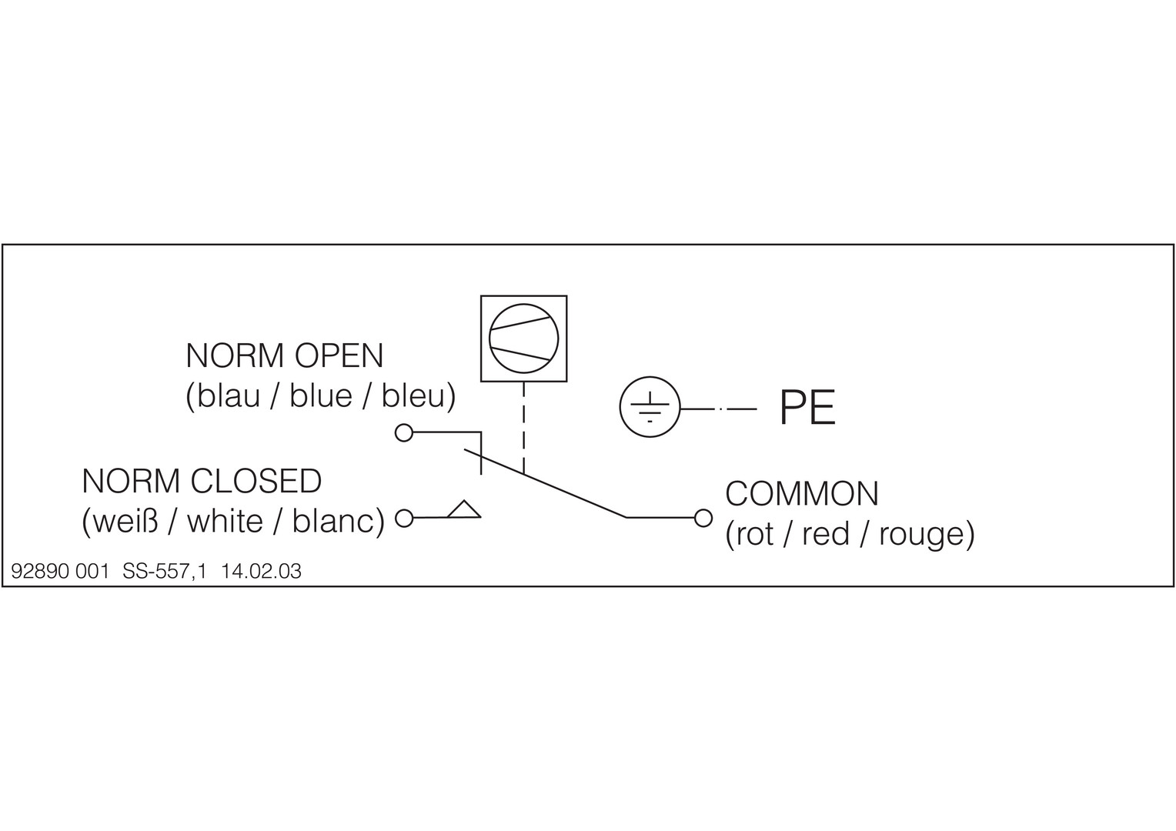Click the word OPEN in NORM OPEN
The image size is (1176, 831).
[x=339, y=356]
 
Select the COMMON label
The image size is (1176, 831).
[x=802, y=494]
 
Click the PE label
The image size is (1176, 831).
[x=807, y=408]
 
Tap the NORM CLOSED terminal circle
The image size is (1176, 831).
[x=404, y=518]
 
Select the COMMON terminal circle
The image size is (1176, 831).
[x=703, y=518]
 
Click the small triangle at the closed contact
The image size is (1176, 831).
[x=464, y=509]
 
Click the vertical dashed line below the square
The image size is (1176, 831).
[x=524, y=427]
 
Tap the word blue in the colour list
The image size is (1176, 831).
[x=321, y=395]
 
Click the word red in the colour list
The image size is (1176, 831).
[x=826, y=535]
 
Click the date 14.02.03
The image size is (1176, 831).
[x=261, y=571]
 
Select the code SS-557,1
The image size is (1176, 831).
[x=165, y=571]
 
